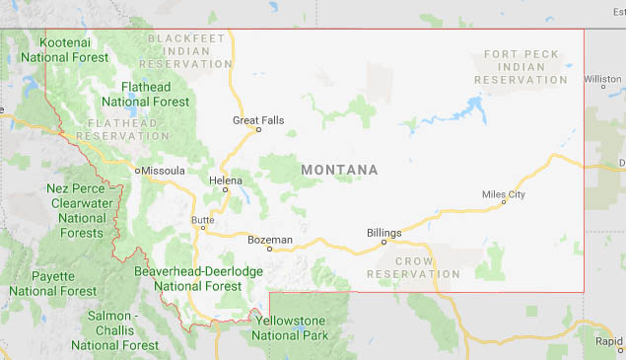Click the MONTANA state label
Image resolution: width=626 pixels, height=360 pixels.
coord(339,171)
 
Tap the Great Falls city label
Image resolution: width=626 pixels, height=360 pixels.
coord(258,120)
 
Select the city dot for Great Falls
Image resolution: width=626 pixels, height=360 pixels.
coord(258,129)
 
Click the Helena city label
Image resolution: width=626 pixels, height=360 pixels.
coord(226,180)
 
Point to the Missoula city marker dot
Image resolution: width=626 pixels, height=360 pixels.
coord(137,171)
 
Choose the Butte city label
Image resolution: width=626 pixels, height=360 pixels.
coord(202,218)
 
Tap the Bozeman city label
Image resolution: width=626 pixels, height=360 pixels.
coord(270,240)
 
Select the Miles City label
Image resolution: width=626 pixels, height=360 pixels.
coord(503,194)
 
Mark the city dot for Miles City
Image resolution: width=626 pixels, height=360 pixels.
coord(504,203)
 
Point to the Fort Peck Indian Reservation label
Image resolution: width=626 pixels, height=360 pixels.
coord(522,66)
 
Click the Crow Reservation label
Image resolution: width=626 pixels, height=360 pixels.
coord(413,267)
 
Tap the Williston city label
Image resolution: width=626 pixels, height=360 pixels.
coord(602,79)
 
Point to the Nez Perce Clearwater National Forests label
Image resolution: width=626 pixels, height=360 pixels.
coord(80,210)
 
